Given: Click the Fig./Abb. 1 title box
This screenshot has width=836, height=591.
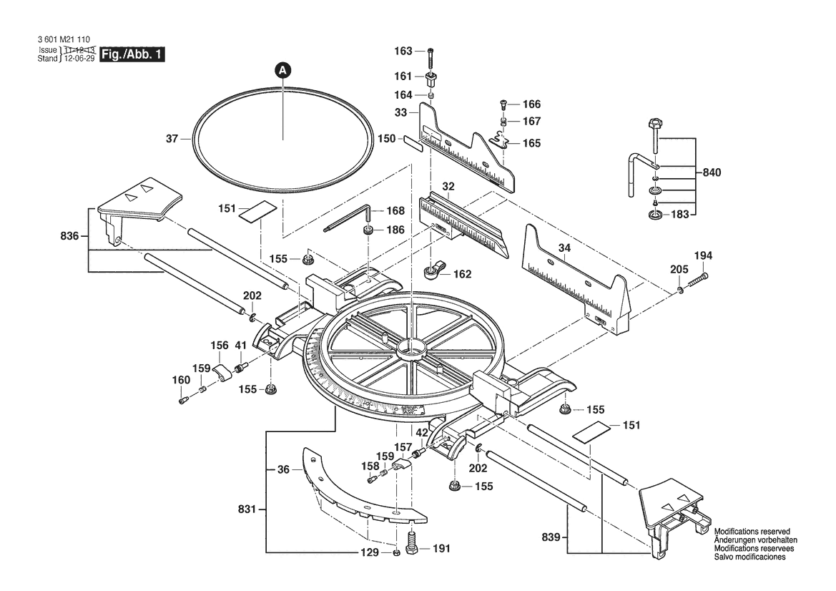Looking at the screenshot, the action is (132, 54).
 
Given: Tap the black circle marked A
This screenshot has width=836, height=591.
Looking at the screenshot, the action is (283, 69).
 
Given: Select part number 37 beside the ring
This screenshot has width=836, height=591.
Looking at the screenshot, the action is (172, 139).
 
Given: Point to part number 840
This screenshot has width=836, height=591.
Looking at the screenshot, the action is (712, 172).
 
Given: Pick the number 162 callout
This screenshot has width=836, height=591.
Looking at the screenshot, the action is (462, 273).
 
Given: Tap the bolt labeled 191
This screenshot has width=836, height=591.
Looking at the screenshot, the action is (413, 543).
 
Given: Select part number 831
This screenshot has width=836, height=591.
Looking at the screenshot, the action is (247, 509).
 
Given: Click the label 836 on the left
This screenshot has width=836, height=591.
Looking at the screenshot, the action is (69, 236).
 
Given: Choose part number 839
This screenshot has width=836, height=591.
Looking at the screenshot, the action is (551, 537).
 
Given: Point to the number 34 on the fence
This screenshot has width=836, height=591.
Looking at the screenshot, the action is (564, 248).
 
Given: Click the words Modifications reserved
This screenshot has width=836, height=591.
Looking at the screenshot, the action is (752, 532).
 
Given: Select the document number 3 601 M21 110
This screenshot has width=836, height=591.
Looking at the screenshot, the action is (64, 39).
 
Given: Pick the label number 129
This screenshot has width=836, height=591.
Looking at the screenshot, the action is (369, 552).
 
